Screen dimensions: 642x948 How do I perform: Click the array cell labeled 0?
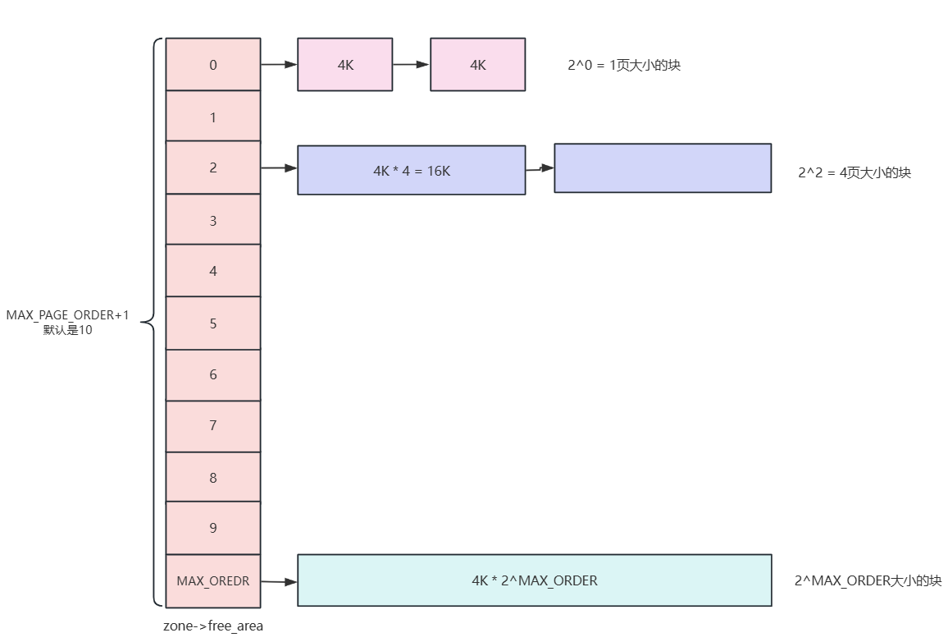point(213,64)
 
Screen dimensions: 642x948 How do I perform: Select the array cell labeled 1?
point(213,117)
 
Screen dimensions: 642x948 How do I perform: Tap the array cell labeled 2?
point(213,167)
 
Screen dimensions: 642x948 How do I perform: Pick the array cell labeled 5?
point(213,323)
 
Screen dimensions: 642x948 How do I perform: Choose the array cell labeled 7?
point(213,425)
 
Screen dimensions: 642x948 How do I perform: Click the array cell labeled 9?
point(213,528)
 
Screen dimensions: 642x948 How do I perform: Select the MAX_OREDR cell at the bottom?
point(213,580)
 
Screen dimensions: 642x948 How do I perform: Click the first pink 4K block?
point(344,64)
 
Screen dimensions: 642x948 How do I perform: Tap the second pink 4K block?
point(477,64)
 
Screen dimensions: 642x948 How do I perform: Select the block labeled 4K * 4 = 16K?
point(411,171)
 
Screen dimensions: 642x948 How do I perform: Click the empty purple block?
point(663,168)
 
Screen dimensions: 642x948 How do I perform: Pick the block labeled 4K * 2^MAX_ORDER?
point(534,580)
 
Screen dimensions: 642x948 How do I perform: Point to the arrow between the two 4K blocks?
point(411,64)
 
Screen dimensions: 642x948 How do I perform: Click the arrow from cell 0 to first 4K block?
point(279,64)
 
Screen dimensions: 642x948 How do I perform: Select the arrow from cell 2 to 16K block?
point(279,168)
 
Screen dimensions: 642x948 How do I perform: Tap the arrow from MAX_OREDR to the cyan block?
point(279,581)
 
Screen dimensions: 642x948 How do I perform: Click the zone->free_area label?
point(213,626)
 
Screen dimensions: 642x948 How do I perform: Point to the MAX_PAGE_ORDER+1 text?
point(67,315)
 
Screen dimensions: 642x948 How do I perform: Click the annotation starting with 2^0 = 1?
point(623,65)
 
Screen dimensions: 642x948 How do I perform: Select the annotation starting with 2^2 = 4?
point(854,173)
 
